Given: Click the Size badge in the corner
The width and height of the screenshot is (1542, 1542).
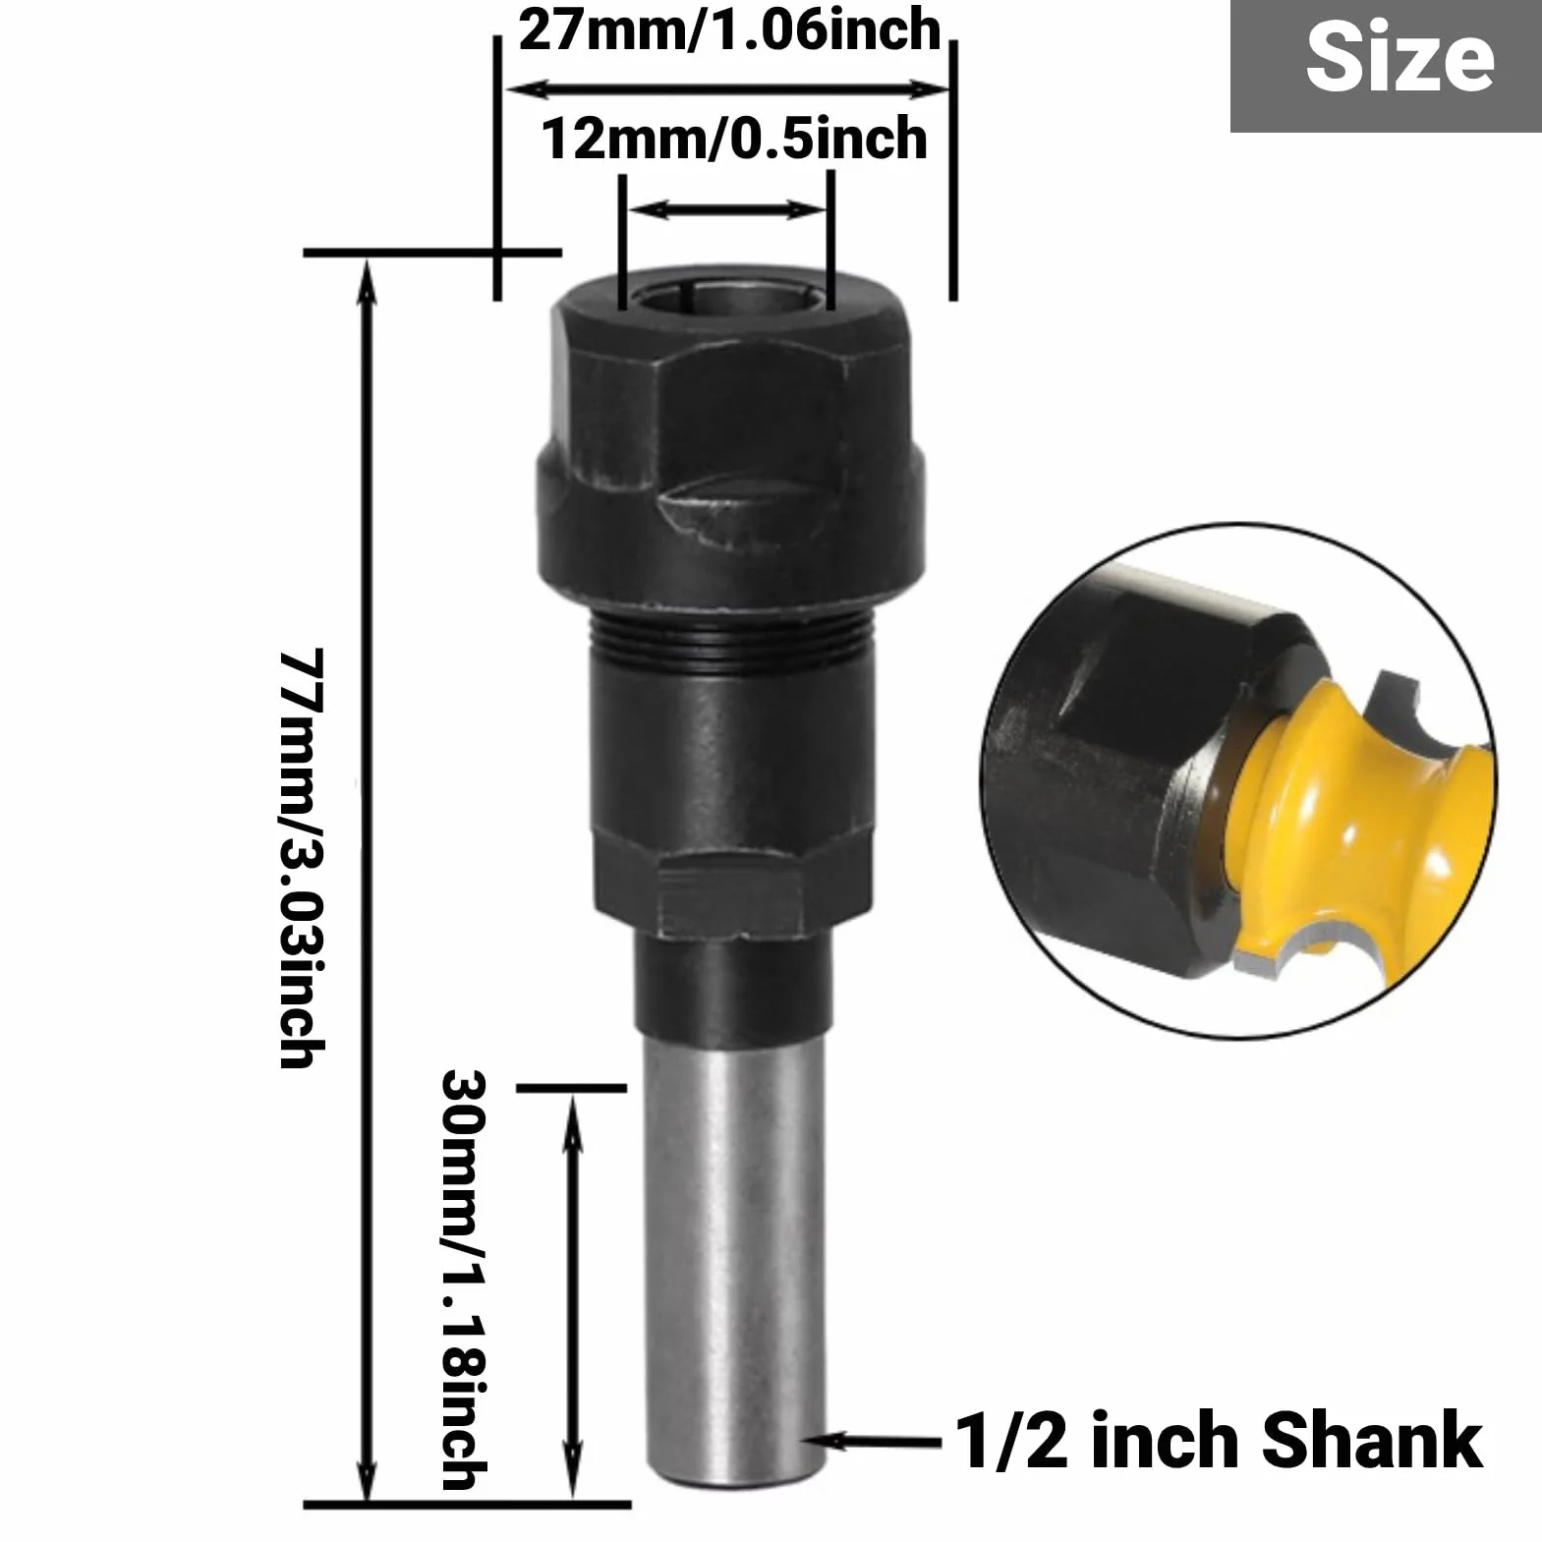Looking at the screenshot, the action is [1386, 66].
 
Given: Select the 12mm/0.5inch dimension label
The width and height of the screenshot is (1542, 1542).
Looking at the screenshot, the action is [734, 138].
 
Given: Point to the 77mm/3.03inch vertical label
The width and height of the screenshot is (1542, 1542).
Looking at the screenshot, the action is [302, 857].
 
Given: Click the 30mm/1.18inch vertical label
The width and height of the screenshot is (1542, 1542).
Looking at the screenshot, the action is [464, 1280].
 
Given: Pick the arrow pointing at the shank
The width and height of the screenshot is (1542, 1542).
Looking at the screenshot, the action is [873, 1442].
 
